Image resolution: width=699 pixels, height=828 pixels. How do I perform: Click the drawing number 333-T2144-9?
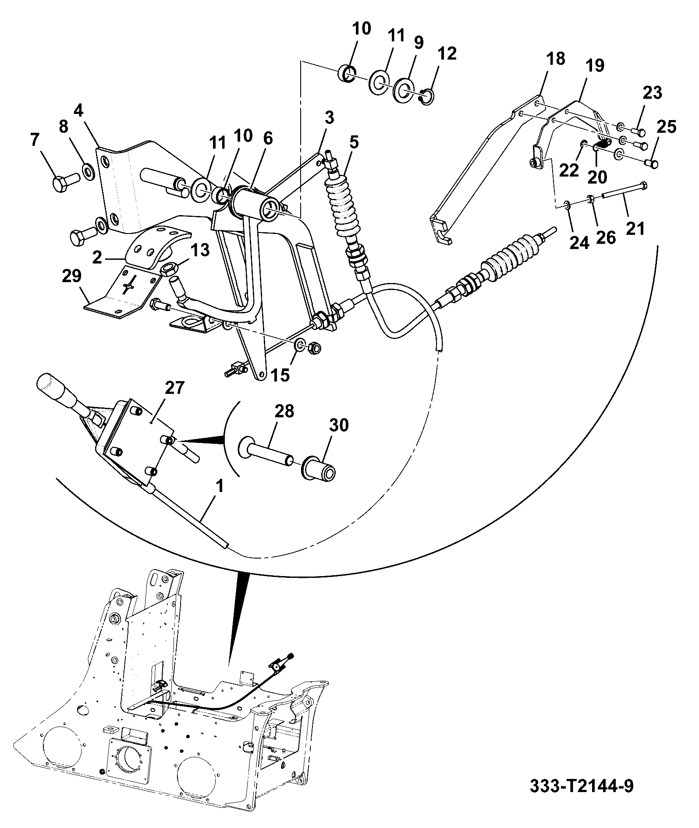point(581,786)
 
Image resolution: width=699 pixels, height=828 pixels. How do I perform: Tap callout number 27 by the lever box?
point(174,389)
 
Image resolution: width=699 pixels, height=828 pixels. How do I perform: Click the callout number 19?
point(595,66)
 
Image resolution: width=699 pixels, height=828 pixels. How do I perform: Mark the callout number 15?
point(280,375)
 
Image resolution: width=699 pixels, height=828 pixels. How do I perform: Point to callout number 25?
point(666,127)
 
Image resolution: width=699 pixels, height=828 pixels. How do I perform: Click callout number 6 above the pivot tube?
point(268,138)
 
